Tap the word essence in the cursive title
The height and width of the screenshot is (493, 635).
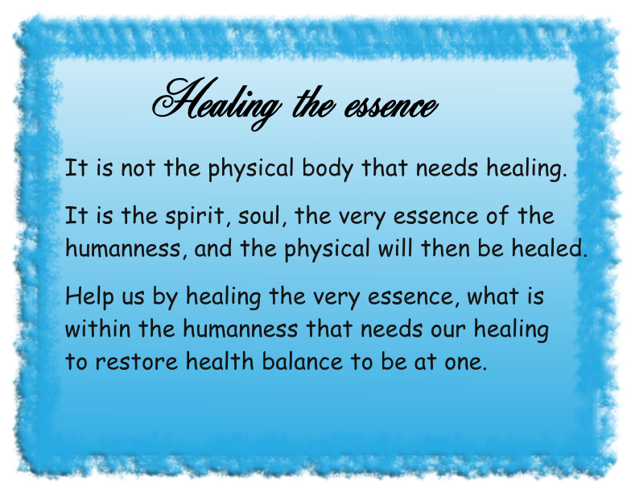[x=391, y=105]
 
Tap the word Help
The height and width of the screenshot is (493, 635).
[x=88, y=297]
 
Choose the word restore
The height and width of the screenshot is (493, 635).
[x=134, y=361]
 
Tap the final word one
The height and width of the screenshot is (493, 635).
[x=464, y=361]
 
